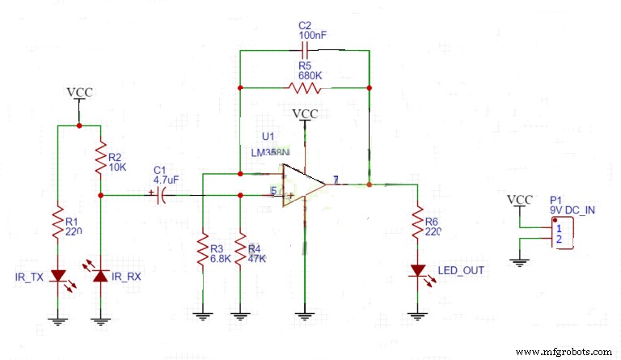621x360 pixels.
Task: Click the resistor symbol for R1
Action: [x=57, y=222]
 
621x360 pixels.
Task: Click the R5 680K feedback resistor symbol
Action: [x=304, y=87]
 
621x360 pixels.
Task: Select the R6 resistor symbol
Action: [x=417, y=221]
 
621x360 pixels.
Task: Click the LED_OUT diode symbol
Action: [x=417, y=270]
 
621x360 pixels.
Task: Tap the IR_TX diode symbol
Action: [x=57, y=276]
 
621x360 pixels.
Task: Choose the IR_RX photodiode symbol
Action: [x=99, y=276]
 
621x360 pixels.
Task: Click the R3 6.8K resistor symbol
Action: [x=202, y=252]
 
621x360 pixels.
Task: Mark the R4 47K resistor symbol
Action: [x=241, y=252]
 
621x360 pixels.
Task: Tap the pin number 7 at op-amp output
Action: [x=336, y=180]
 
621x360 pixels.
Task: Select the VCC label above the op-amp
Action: [x=305, y=114]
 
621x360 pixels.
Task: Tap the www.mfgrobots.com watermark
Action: [x=563, y=352]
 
